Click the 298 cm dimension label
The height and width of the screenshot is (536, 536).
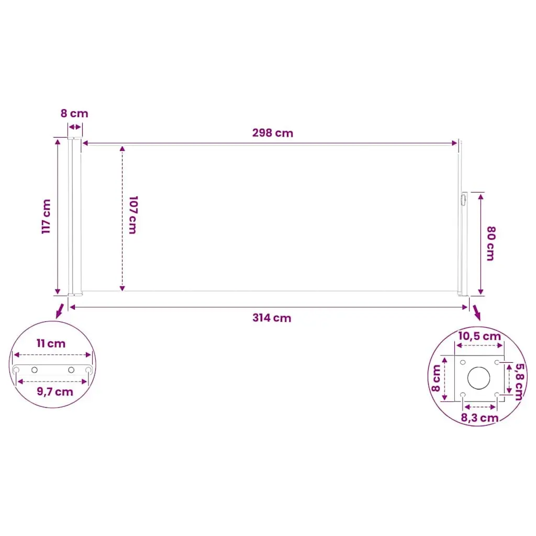pyautogui.click(x=272, y=132)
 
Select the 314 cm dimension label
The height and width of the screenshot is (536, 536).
pyautogui.click(x=272, y=318)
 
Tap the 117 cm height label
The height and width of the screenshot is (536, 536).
pyautogui.click(x=46, y=217)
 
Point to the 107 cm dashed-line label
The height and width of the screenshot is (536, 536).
pyautogui.click(x=133, y=215)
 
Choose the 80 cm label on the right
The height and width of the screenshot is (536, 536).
pyautogui.click(x=491, y=243)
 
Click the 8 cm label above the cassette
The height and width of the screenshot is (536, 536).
pyautogui.click(x=74, y=114)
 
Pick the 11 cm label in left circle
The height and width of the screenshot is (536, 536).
pyautogui.click(x=51, y=343)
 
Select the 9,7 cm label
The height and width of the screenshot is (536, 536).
pyautogui.click(x=55, y=392)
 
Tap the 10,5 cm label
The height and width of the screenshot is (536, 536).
pyautogui.click(x=479, y=336)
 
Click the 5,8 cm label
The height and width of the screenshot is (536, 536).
pyautogui.click(x=519, y=382)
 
